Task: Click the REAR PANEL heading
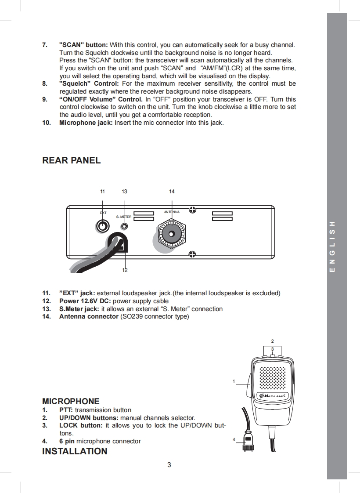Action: pos(71,160)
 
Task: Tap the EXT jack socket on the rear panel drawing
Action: pos(103,226)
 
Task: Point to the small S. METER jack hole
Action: pos(125,226)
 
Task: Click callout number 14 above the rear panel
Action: pos(172,192)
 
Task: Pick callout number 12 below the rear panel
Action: pos(125,270)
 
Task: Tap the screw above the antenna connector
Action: pos(192,210)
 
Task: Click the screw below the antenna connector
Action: pos(192,254)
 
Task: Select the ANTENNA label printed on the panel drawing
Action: pos(172,212)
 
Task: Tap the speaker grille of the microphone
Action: pos(273,377)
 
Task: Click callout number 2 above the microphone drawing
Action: pos(272,341)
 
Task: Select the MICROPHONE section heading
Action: pos(71,401)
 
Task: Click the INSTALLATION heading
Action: pos(75,451)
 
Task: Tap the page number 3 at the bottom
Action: pos(169,465)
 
